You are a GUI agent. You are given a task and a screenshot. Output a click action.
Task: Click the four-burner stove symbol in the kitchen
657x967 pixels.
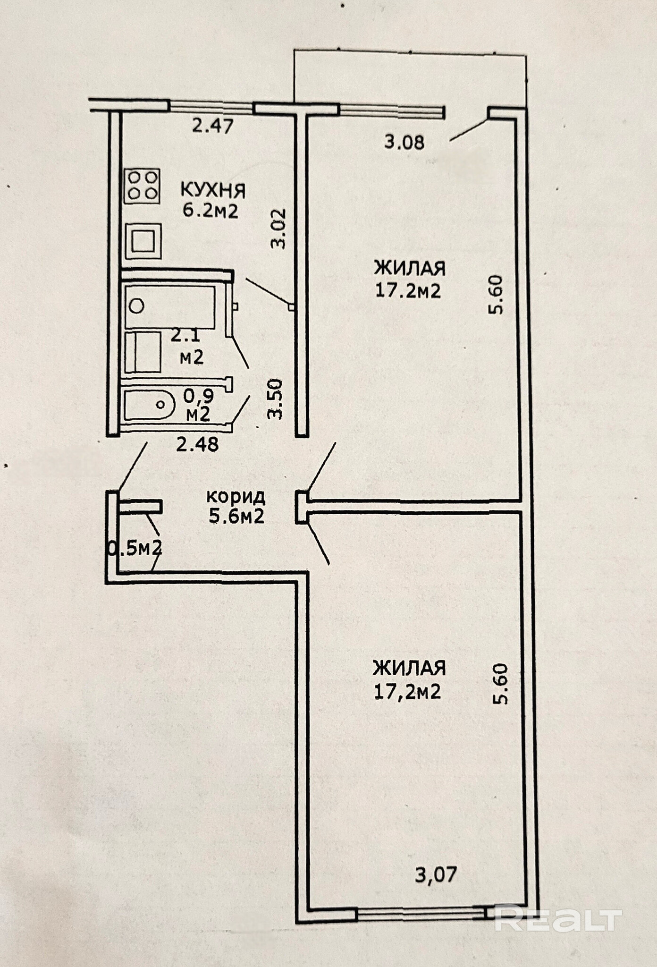(x=142, y=187)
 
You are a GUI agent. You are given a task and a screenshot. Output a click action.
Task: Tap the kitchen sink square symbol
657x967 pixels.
(x=143, y=241)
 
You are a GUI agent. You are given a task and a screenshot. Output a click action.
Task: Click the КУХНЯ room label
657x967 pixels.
(x=213, y=191)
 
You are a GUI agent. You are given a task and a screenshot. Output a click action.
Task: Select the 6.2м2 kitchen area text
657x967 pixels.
(x=211, y=210)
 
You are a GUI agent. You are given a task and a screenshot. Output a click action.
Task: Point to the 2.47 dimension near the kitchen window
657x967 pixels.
(x=212, y=126)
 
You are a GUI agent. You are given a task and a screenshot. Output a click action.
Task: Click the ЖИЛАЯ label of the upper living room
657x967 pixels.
(x=410, y=269)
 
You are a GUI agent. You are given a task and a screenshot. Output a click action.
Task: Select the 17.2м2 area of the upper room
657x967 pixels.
(x=408, y=290)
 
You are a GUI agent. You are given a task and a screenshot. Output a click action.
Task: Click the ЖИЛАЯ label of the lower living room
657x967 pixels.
(x=409, y=669)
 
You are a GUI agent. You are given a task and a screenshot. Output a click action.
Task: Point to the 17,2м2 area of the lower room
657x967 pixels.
(x=407, y=692)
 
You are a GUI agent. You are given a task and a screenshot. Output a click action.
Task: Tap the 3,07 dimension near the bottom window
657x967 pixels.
(x=436, y=875)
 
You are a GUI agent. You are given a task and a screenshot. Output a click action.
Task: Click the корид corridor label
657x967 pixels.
(x=236, y=497)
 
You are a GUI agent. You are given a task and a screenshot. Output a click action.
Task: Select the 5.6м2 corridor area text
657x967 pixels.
(x=236, y=516)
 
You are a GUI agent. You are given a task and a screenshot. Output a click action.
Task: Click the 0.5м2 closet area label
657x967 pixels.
(x=135, y=548)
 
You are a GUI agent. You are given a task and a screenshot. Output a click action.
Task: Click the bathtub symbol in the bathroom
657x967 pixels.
(x=170, y=306)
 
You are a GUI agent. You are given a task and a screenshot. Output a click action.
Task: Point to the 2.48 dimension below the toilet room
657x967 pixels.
(x=197, y=444)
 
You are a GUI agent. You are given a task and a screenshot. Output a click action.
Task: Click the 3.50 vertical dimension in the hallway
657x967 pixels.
(x=275, y=399)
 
